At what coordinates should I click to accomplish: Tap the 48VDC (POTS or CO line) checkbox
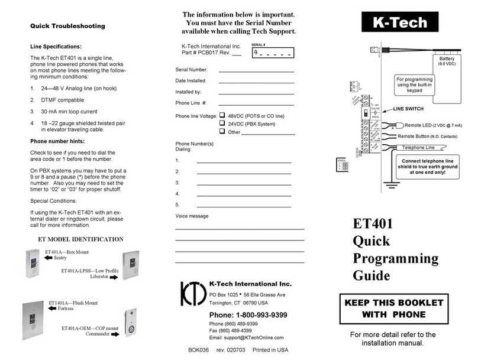222,115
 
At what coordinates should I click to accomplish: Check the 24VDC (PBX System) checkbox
222,124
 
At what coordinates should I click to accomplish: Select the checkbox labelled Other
222,132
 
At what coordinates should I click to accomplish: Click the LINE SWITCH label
408,109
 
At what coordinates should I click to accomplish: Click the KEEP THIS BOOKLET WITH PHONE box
398,308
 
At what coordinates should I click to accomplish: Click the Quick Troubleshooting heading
67,26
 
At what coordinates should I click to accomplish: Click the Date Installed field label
190,80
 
